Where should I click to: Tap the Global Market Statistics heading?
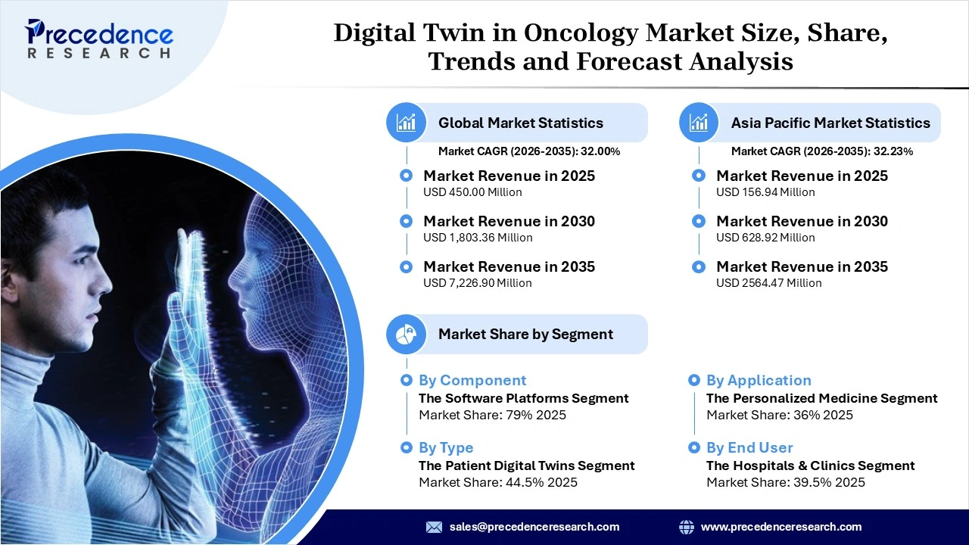(520, 123)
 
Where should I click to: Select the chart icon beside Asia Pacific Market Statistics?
(699, 123)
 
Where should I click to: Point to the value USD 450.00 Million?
(472, 192)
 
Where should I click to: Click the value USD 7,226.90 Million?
(477, 283)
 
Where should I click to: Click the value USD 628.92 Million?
(765, 238)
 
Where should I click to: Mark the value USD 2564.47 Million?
(768, 283)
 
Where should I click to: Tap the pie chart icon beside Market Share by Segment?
(407, 334)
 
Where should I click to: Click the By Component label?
(472, 381)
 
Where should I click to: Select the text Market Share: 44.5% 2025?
(497, 482)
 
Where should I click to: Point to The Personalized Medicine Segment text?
(821, 398)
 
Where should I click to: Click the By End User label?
(749, 448)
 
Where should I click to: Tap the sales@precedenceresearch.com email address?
(534, 527)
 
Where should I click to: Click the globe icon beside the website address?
(687, 527)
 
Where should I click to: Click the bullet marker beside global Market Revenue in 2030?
(407, 221)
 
